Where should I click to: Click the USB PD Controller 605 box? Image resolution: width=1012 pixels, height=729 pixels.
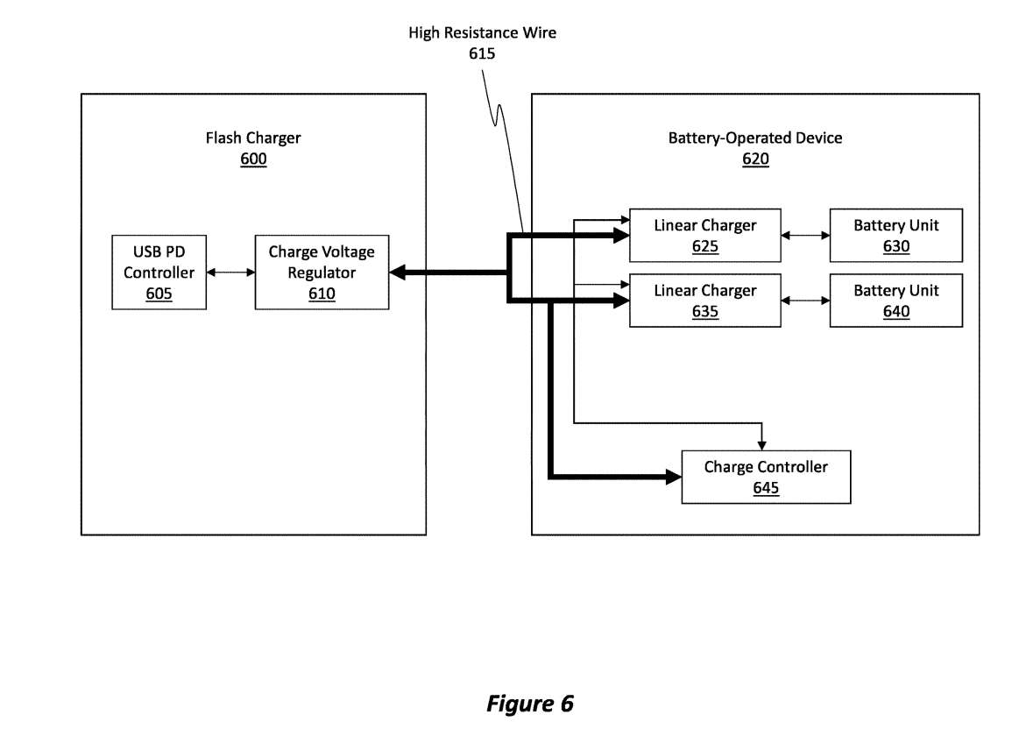click(159, 272)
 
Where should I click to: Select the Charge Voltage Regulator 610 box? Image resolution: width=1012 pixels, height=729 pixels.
click(322, 272)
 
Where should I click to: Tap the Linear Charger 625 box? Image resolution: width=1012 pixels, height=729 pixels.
click(704, 235)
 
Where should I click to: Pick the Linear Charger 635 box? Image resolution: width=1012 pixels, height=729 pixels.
click(704, 301)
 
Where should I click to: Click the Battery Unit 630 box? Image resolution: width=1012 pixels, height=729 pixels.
click(895, 235)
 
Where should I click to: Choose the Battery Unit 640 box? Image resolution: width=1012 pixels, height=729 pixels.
click(895, 301)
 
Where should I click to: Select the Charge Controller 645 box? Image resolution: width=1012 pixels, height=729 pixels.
click(766, 477)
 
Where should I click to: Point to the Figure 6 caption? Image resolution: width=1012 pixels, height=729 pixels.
click(530, 704)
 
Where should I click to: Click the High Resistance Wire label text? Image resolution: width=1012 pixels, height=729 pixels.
click(482, 33)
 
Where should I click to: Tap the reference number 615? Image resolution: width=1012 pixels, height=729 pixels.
click(482, 53)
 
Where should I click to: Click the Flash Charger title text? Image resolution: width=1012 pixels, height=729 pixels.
click(253, 138)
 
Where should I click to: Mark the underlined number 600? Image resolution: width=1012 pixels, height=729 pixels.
click(253, 159)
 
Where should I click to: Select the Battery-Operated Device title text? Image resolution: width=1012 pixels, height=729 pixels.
click(755, 138)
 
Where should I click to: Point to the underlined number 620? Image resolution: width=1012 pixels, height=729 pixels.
click(755, 159)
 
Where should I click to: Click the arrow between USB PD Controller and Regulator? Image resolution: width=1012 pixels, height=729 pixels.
click(230, 272)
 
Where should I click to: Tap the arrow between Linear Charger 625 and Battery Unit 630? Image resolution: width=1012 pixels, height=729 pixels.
click(805, 235)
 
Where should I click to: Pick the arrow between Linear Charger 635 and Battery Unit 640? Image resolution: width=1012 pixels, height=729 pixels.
click(805, 301)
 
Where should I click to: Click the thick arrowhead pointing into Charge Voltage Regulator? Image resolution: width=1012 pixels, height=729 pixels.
click(397, 272)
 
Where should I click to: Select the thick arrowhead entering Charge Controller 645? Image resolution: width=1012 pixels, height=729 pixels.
click(674, 477)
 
